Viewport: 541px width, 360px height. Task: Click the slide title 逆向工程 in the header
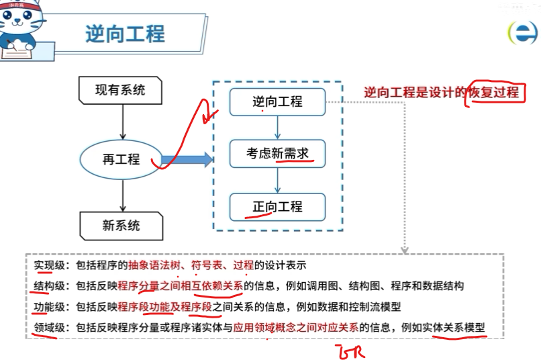(x=125, y=34)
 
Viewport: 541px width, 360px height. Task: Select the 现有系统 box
(x=120, y=89)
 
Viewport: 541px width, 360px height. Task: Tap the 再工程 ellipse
(x=121, y=159)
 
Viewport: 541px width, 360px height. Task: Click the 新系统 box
(x=121, y=226)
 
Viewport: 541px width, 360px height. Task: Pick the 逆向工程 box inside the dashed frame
(x=277, y=102)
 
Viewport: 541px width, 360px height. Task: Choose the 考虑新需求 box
(x=277, y=154)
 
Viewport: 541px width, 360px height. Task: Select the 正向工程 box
(x=277, y=207)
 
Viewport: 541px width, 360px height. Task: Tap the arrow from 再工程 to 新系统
(x=121, y=195)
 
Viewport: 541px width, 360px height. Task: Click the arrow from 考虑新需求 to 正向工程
(x=277, y=180)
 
